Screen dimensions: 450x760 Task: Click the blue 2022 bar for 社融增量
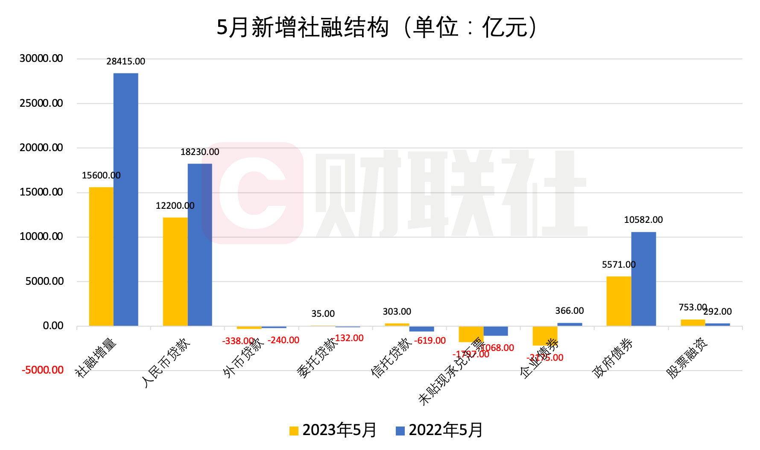point(126,199)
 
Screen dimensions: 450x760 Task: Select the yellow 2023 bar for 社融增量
point(101,256)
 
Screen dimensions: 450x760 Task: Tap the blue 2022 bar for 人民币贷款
point(200,245)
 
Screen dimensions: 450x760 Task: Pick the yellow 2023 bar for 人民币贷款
point(175,272)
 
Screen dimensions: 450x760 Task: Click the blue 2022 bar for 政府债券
point(643,279)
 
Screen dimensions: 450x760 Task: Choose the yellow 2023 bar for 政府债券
point(619,301)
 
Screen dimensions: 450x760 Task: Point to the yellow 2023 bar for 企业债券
point(545,336)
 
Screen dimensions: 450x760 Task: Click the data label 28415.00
point(126,61)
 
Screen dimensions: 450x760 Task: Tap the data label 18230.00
point(200,152)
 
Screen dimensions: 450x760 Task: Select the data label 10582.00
point(643,220)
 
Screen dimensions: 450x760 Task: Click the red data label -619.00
point(430,341)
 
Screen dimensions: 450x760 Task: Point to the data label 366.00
point(570,311)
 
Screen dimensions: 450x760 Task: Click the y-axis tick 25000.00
point(41,103)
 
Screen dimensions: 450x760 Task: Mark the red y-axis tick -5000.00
point(43,370)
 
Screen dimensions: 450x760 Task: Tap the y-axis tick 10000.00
point(41,237)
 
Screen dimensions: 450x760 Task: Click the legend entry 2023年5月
point(333,430)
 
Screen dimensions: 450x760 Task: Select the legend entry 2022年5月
point(440,430)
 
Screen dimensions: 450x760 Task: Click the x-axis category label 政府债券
point(613,358)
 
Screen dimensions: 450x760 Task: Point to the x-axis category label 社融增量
point(96,358)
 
